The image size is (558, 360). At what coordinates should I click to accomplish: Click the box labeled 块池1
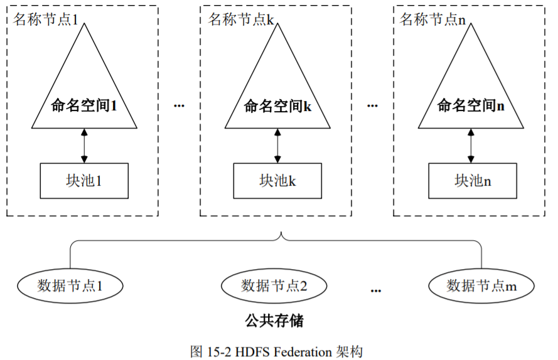click(x=83, y=181)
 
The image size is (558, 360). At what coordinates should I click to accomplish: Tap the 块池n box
click(x=472, y=181)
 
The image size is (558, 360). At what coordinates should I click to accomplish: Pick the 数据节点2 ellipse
click(x=274, y=286)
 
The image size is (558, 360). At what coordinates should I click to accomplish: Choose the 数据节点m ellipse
click(x=481, y=286)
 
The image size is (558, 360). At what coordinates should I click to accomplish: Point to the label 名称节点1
click(x=45, y=19)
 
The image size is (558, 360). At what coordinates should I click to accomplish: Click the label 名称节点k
click(x=241, y=19)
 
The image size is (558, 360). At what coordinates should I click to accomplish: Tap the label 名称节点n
click(x=432, y=19)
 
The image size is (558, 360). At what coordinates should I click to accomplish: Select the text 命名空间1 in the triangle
click(x=84, y=106)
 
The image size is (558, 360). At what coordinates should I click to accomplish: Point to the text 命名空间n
click(x=471, y=106)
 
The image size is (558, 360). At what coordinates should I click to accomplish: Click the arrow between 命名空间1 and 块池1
click(x=83, y=146)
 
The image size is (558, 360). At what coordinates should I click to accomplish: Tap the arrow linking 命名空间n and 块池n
click(x=471, y=146)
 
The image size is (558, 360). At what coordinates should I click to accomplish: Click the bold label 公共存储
click(x=274, y=322)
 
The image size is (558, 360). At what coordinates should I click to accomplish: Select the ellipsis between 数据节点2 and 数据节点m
click(x=376, y=290)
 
